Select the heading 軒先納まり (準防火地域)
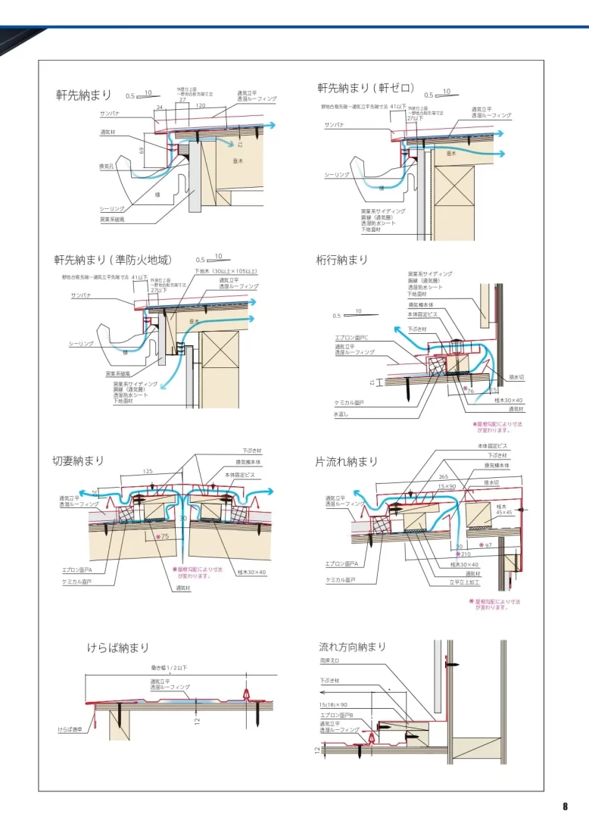click(117, 260)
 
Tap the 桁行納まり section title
click(341, 260)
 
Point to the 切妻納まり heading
click(78, 460)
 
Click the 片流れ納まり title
click(346, 461)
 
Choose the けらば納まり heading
click(117, 648)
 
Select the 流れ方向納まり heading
click(352, 647)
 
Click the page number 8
click(565, 806)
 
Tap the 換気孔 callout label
click(107, 166)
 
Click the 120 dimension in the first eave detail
click(201, 106)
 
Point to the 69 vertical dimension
click(142, 151)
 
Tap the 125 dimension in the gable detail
click(148, 471)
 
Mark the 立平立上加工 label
click(464, 583)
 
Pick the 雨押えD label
click(330, 661)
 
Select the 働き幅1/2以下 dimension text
click(169, 667)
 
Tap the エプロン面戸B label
click(334, 715)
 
